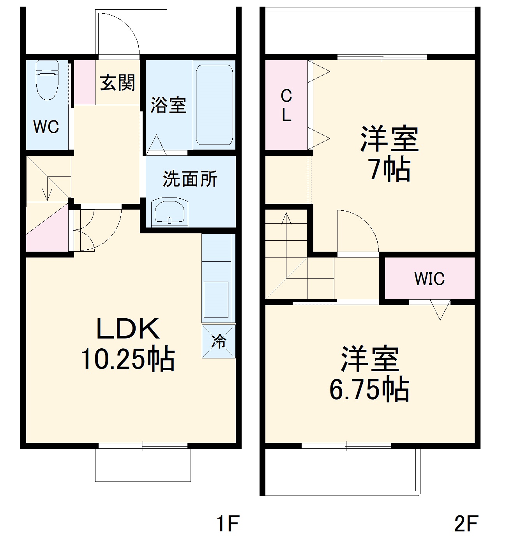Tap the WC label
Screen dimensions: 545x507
(x=46, y=127)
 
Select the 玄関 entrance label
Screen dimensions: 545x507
(x=117, y=83)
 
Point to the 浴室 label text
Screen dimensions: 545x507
(x=168, y=105)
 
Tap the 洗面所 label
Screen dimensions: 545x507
(x=190, y=179)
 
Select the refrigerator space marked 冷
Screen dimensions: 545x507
(x=219, y=341)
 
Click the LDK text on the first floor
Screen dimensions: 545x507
(x=128, y=329)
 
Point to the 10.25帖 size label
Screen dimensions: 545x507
(x=128, y=359)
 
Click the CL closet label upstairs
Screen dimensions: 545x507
(x=286, y=105)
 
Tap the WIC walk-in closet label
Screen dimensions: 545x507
(x=429, y=279)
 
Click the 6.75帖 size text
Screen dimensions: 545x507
(x=369, y=390)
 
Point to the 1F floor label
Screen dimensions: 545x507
(x=227, y=524)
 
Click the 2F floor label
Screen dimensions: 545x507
(x=466, y=524)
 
